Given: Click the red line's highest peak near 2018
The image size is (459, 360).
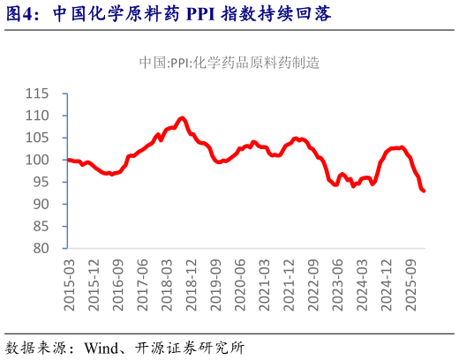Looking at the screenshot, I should tap(182, 117).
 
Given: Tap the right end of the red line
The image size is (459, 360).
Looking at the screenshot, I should tap(425, 191).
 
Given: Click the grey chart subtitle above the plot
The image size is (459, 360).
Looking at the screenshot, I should tap(229, 63).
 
